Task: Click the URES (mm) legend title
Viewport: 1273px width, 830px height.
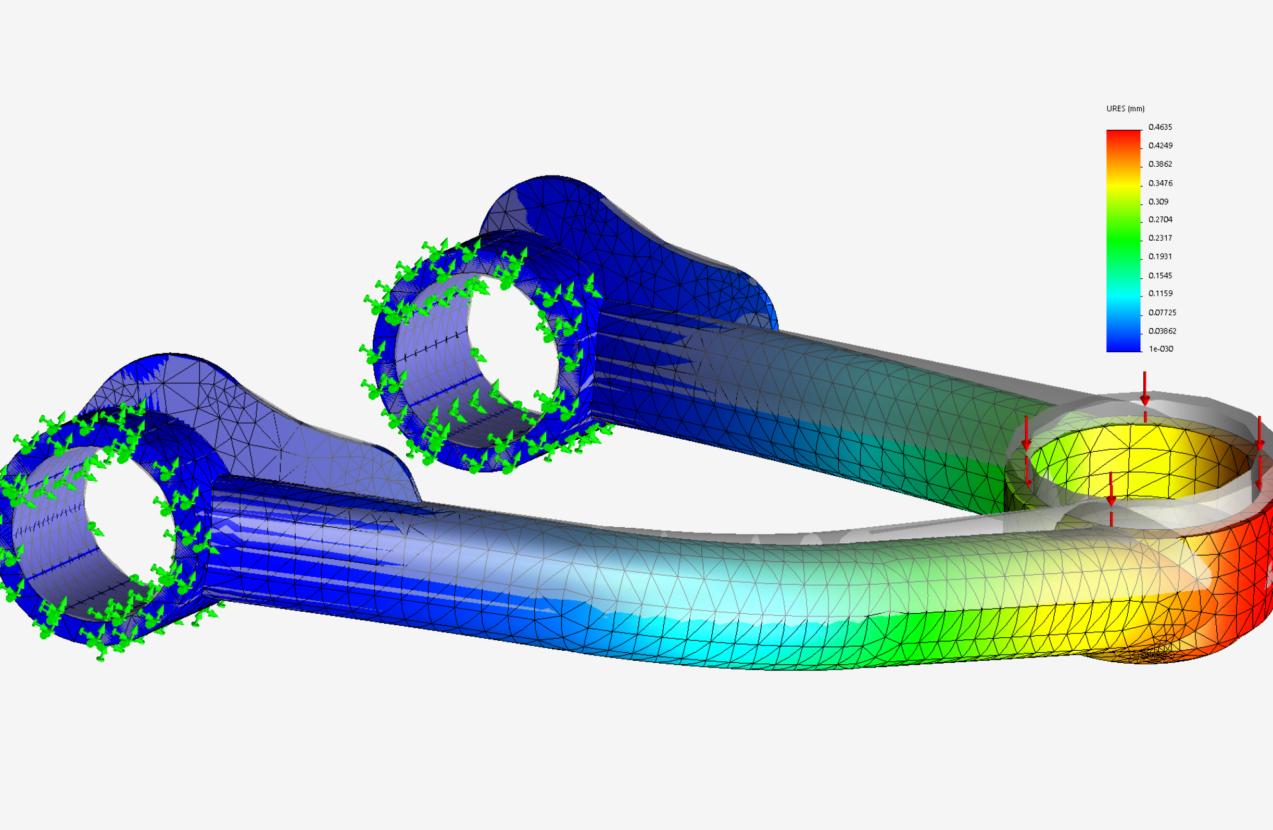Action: coord(1125,108)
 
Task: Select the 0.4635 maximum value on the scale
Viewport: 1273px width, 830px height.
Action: coord(1160,127)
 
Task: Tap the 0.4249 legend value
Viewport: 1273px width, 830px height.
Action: coord(1161,145)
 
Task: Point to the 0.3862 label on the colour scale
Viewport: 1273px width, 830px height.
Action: coord(1160,164)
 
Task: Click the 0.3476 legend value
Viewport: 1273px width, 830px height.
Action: coord(1161,183)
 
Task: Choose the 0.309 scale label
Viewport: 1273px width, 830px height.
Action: coord(1158,202)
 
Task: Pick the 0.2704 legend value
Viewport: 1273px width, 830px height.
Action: coord(1161,219)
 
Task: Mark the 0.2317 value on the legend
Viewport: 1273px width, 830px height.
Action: coord(1160,238)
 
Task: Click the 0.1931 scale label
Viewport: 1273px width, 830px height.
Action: coord(1160,256)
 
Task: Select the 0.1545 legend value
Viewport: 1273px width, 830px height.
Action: coord(1160,276)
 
